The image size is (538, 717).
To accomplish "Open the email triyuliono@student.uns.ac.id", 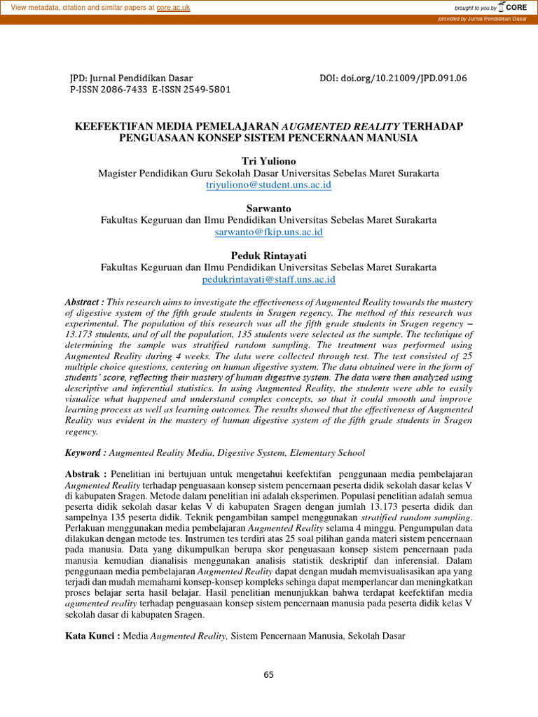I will pyautogui.click(x=269, y=185).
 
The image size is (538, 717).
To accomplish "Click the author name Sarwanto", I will pyautogui.click(x=268, y=209).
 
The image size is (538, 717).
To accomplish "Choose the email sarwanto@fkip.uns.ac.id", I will pyautogui.click(x=269, y=231).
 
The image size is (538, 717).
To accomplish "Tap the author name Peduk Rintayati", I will pyautogui.click(x=268, y=256).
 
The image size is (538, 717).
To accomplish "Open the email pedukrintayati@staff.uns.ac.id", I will pyautogui.click(x=269, y=279).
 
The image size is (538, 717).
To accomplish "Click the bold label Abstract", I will pyautogui.click(x=85, y=301).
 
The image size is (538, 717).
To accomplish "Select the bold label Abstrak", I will pyautogui.click(x=86, y=474).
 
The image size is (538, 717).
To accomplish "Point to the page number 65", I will pyautogui.click(x=269, y=675).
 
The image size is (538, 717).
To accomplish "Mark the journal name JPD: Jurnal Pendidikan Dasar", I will pyautogui.click(x=131, y=78).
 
